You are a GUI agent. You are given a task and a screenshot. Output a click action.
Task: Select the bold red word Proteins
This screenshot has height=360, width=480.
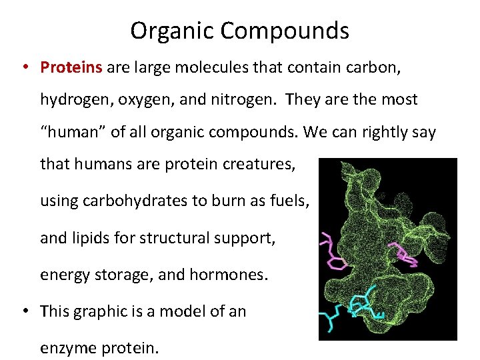(x=71, y=67)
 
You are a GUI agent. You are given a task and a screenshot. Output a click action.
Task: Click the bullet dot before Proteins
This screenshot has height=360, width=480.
(x=25, y=67)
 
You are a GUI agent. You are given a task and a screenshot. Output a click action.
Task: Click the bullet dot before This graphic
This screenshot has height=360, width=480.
(x=25, y=311)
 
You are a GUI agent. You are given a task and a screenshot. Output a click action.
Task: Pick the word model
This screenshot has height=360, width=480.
(x=179, y=311)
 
